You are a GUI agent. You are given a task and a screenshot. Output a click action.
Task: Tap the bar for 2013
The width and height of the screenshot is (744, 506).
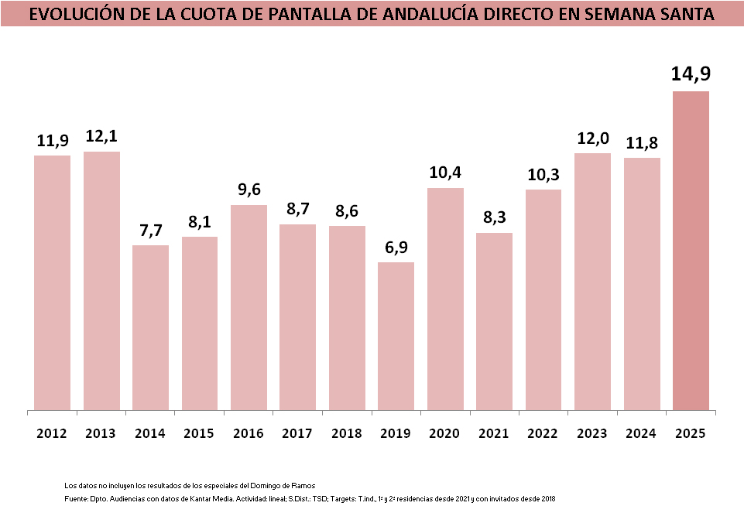(101, 280)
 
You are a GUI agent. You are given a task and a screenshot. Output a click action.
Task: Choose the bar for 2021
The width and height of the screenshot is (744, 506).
(494, 320)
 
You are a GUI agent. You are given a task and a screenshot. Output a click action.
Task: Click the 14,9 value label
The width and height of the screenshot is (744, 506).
(691, 74)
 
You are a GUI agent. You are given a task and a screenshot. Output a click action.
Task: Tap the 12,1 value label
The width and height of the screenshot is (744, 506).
(101, 136)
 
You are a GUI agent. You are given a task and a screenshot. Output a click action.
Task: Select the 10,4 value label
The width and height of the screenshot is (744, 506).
(445, 173)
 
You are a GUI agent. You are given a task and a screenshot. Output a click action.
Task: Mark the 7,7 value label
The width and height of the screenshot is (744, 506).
(150, 230)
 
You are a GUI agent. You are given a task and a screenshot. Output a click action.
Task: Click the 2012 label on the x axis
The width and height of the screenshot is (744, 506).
(52, 433)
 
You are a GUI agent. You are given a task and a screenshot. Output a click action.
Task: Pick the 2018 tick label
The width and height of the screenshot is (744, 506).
(347, 433)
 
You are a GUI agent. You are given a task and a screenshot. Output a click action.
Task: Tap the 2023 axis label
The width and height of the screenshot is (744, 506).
(592, 433)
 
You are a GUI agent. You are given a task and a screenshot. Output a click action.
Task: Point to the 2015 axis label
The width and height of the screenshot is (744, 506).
(199, 433)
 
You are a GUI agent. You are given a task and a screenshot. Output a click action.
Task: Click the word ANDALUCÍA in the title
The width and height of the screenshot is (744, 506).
(432, 14)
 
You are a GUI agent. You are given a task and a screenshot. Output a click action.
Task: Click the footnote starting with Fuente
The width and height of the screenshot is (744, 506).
(310, 499)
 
